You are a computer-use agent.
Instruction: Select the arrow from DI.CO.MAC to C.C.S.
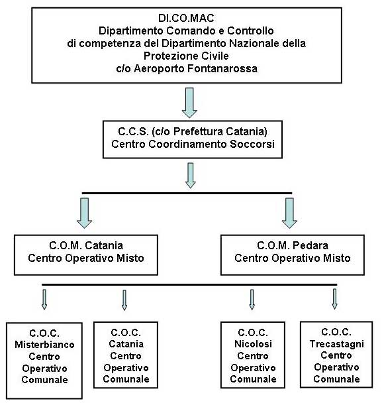[190, 102]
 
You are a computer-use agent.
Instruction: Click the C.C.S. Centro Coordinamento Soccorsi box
[190, 139]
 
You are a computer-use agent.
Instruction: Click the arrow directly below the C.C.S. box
[191, 175]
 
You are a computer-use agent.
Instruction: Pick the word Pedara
[306, 247]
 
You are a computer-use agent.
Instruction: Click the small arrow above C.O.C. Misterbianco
[44, 299]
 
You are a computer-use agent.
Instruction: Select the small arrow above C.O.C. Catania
[124, 299]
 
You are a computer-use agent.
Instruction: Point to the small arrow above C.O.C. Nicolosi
[252, 299]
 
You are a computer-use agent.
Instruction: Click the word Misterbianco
[44, 345]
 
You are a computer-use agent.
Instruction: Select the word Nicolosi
[253, 344]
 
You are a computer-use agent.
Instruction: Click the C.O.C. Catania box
[126, 355]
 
